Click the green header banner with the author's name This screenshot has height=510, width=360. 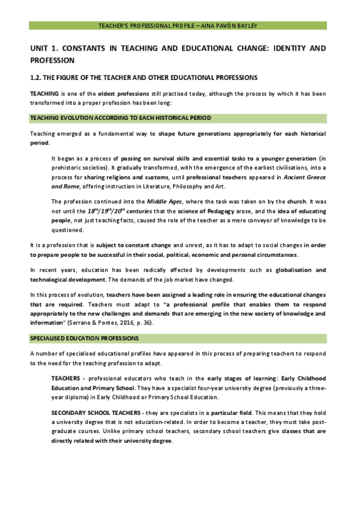coord(178,26)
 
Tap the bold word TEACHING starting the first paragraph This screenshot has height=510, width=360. coord(44,93)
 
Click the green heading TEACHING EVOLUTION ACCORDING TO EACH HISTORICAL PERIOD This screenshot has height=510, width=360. coord(120,117)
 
